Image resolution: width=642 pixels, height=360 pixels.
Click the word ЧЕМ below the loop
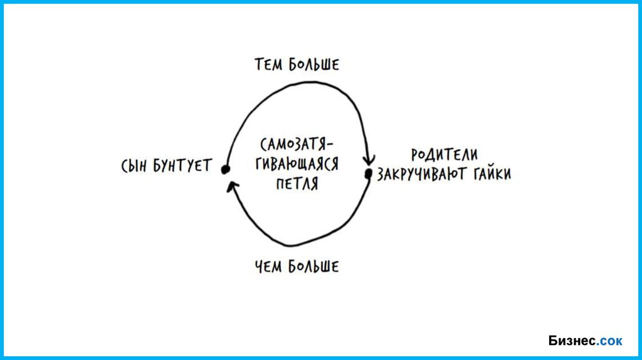pos(269,267)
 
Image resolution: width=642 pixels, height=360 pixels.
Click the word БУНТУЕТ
pos(185,167)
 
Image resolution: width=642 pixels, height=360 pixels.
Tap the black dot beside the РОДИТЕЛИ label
pos(369,174)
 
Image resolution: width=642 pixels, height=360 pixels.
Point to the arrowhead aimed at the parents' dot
pos(369,160)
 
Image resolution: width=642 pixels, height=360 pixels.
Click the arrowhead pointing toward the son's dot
pos(232,185)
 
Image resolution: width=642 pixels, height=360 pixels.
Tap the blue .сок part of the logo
pos(611,341)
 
